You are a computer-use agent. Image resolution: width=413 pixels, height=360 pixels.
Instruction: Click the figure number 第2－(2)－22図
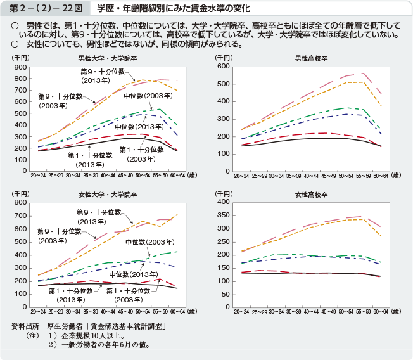[x=44, y=9]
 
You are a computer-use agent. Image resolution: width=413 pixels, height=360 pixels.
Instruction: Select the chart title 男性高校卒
[x=310, y=58]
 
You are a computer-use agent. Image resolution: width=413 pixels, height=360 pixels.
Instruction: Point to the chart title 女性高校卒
[x=310, y=193]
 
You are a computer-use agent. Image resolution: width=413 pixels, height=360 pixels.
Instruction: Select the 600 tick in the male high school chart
[x=226, y=67]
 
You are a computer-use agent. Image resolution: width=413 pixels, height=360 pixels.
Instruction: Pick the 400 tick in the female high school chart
[x=226, y=202]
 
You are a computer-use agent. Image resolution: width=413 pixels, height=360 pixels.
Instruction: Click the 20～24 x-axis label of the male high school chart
[x=241, y=174]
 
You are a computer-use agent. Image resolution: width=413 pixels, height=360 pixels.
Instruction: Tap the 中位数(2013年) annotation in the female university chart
[x=131, y=274]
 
